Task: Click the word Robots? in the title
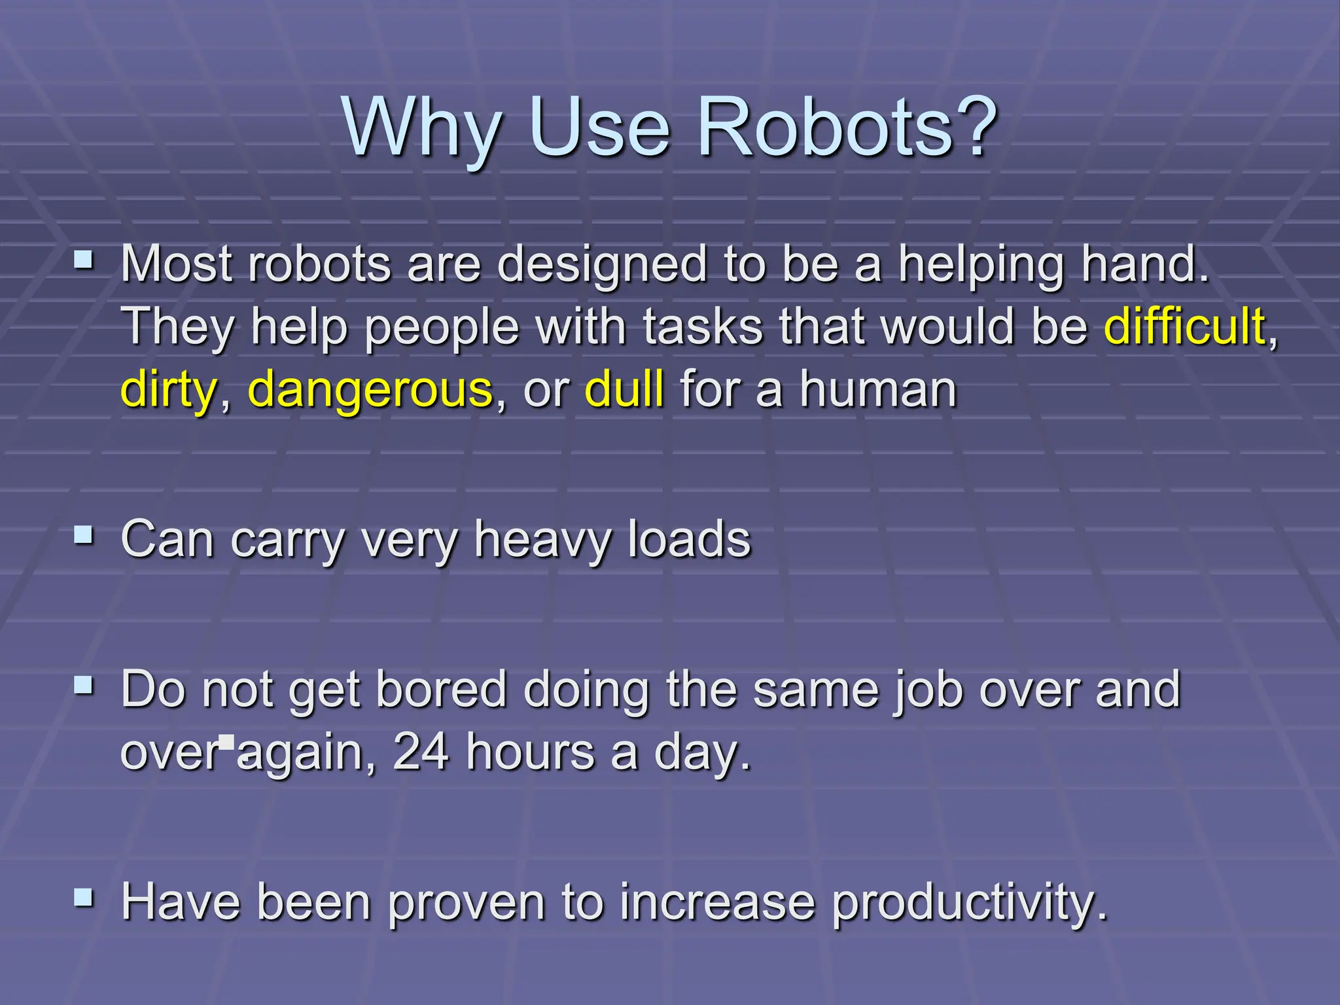848,128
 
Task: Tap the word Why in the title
423,128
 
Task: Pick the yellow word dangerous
370,390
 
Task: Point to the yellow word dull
624,389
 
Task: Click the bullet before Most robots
84,262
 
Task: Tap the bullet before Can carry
84,537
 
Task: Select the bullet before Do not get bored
84,686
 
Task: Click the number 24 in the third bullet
421,752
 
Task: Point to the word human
878,389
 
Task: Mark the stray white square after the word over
227,741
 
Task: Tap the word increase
717,903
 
